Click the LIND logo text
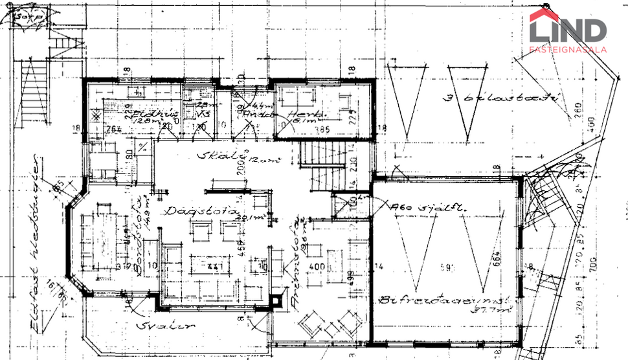point(568,30)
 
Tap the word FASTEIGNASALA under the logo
point(568,49)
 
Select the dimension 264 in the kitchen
point(115,129)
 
